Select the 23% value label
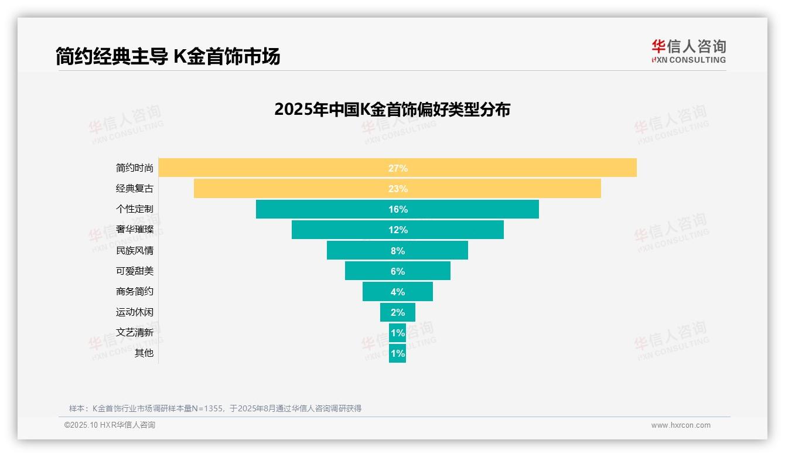coord(398,189)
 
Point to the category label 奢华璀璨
coord(135,230)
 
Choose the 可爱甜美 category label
coord(135,271)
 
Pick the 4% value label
coord(398,292)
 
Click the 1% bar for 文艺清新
coord(398,333)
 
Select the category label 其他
coord(144,353)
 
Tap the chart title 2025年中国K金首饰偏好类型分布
coord(392,110)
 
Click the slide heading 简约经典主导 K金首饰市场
coord(168,56)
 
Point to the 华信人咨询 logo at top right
coord(688,51)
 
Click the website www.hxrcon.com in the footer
coord(681,425)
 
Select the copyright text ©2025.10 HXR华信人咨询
coord(110,425)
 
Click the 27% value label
coord(398,168)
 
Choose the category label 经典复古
coord(135,189)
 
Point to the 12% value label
coord(398,230)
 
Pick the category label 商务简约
coord(135,292)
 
